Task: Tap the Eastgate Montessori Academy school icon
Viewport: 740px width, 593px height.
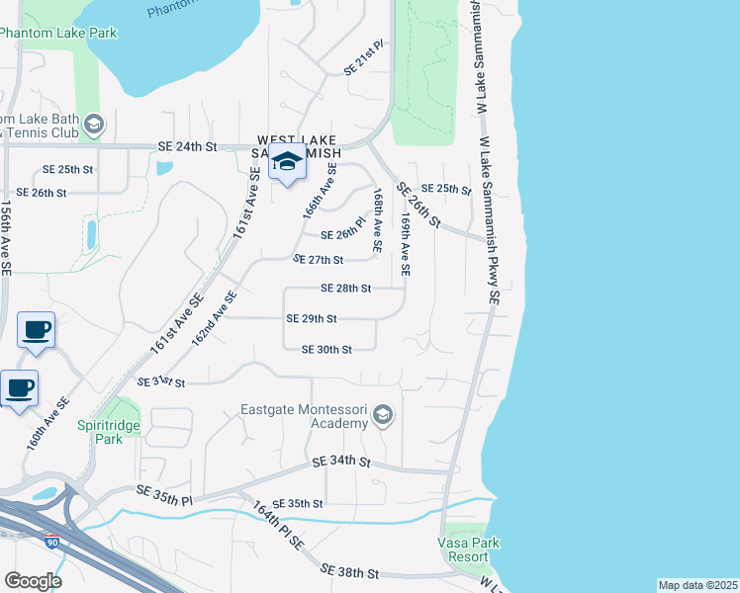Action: (x=383, y=417)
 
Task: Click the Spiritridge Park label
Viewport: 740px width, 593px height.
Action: (x=100, y=432)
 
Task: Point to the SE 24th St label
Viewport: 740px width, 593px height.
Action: (x=186, y=146)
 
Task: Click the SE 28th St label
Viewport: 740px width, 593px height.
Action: (x=346, y=289)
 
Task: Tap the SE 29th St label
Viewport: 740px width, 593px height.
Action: (x=312, y=319)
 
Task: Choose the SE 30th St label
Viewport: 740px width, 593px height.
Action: (x=326, y=350)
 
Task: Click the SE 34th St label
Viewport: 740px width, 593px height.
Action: (x=341, y=462)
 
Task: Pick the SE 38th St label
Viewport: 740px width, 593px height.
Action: (x=350, y=572)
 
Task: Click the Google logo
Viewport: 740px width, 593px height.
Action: (x=33, y=581)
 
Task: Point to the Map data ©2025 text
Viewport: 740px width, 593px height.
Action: (x=697, y=585)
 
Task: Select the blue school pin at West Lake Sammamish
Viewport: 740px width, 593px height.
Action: (x=288, y=163)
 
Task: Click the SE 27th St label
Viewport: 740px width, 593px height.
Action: (x=318, y=260)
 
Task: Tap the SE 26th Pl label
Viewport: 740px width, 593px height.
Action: (x=345, y=235)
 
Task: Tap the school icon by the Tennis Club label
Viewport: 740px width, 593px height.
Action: (x=94, y=124)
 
